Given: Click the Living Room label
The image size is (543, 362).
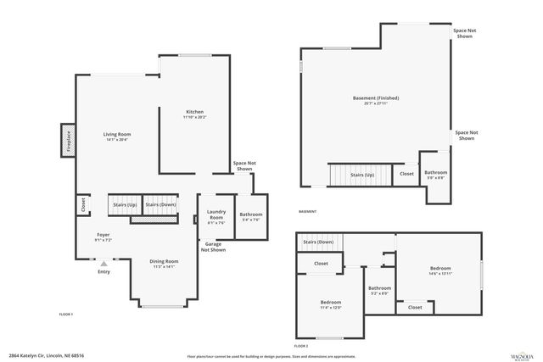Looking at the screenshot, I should point(116,136).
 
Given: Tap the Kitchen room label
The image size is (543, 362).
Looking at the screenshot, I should point(195,114).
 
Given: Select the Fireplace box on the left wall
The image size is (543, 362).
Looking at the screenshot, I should point(65,141).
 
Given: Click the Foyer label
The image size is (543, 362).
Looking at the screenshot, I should point(103,237).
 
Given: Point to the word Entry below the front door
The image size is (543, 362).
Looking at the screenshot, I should point(104,271).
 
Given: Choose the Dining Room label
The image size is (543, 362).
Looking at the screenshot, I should point(164,263).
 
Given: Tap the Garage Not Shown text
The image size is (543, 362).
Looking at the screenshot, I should point(213,247).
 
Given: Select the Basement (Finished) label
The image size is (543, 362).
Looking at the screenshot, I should point(375,100).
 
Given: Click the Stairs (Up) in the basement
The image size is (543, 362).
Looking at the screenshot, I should point(362,175).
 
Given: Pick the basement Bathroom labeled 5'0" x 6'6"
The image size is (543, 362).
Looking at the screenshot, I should point(436,175).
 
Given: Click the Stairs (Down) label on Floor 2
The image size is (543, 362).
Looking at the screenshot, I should point(318,242).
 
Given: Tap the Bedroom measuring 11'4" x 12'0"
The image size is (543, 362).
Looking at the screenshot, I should point(331,304).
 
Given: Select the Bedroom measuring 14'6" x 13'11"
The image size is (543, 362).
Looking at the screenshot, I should point(439,270).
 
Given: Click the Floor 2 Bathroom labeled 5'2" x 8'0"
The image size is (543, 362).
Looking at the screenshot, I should point(379,291).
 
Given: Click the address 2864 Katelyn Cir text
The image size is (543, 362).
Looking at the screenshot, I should point(47,356).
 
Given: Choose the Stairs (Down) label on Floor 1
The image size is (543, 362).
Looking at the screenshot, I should point(160,205).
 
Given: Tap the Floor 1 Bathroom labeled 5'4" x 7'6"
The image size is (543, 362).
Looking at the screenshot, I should point(251,217).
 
